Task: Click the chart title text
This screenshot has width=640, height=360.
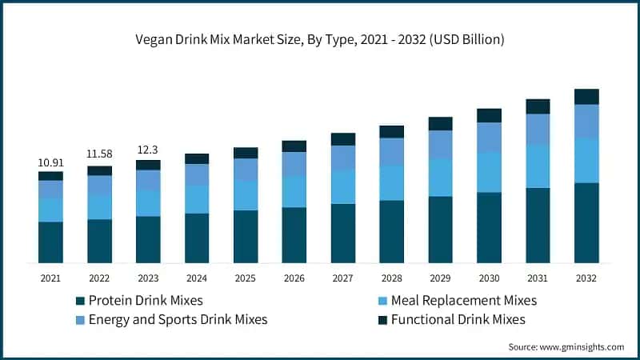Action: click(x=320, y=38)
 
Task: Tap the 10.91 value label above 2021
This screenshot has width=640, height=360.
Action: click(x=50, y=162)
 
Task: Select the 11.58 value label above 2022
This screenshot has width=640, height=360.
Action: click(x=99, y=152)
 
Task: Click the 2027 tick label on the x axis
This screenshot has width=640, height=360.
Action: click(x=343, y=278)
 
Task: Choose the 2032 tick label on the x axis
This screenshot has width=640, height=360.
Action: click(x=586, y=278)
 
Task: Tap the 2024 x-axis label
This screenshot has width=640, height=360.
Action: click(x=197, y=278)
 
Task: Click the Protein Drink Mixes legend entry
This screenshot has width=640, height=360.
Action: click(x=145, y=301)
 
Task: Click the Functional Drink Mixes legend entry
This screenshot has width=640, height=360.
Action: click(x=452, y=319)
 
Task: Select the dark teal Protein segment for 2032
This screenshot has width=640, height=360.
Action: click(x=586, y=222)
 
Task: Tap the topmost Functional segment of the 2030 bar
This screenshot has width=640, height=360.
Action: click(x=489, y=115)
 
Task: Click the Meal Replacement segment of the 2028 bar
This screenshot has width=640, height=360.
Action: click(x=391, y=182)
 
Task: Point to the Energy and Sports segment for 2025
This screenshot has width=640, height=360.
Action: click(x=246, y=169)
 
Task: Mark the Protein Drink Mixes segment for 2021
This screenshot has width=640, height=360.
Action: click(x=50, y=242)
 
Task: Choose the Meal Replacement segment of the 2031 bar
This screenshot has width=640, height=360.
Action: click(x=538, y=166)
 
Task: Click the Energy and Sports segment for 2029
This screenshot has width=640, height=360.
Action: click(x=440, y=144)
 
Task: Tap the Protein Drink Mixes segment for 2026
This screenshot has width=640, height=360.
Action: click(x=294, y=235)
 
